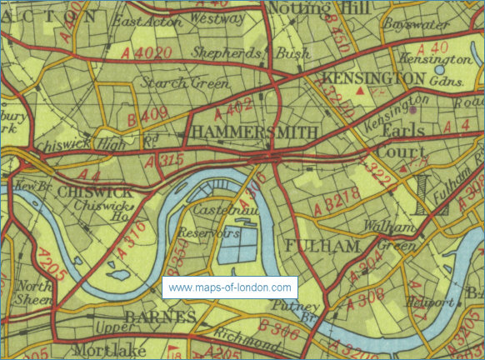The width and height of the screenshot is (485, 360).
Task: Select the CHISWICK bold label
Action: click(x=90, y=192)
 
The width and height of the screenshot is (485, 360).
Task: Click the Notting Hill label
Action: click(x=308, y=8)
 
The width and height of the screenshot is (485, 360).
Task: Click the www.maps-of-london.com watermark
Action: click(x=230, y=287)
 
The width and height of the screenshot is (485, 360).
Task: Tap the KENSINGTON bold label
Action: click(x=373, y=77)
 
